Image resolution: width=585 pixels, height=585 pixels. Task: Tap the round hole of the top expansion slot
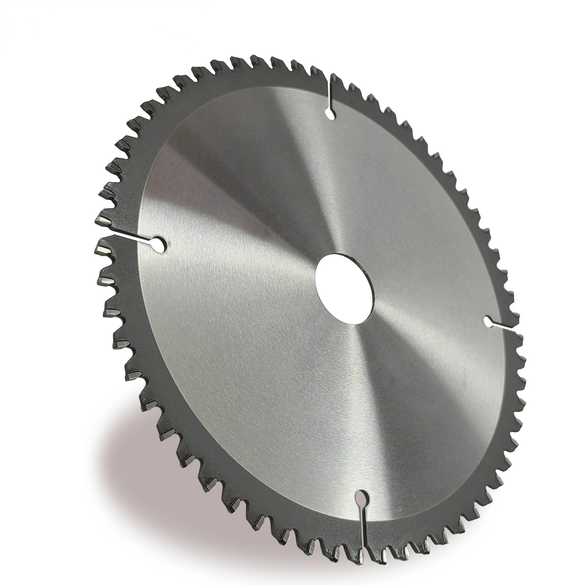pos(330,114)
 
